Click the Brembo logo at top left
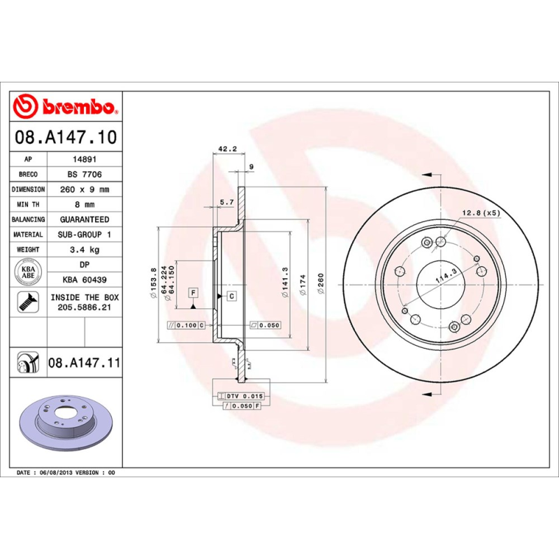(x=65, y=107)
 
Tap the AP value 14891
(x=84, y=159)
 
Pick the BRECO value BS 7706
(x=84, y=174)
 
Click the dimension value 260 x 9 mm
(x=84, y=189)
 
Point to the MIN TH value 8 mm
(x=84, y=205)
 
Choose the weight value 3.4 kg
(x=84, y=249)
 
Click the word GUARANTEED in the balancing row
(x=84, y=219)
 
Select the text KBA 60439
(x=84, y=279)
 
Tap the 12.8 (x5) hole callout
(x=481, y=212)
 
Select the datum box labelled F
(x=192, y=291)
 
